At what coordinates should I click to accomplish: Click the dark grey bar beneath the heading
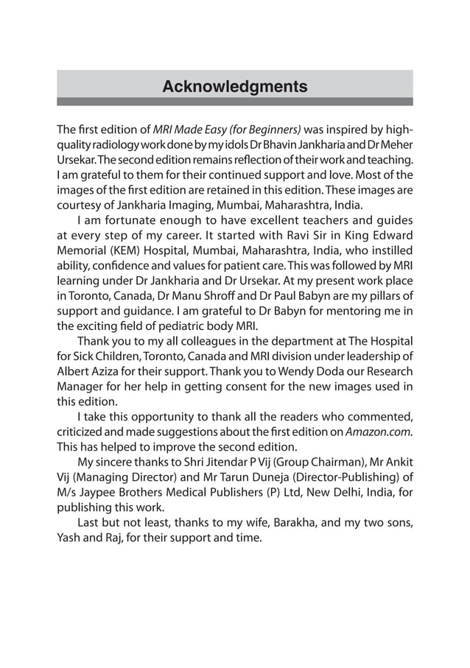[234, 102]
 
